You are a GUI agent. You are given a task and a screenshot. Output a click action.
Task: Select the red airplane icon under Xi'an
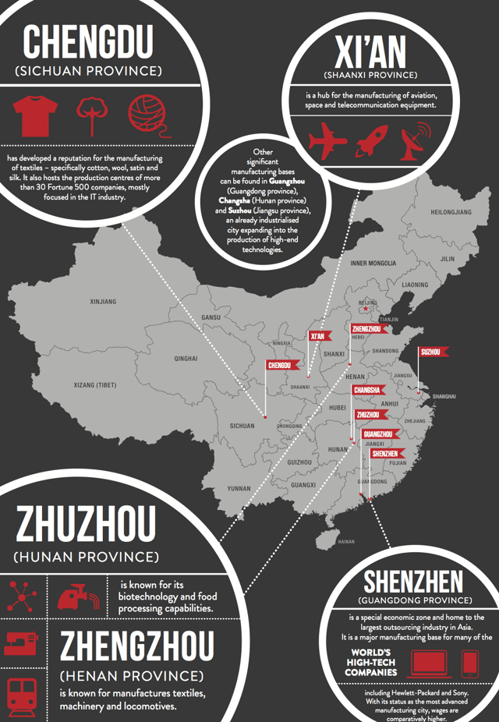327,141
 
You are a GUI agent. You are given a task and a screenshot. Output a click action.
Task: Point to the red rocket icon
371,140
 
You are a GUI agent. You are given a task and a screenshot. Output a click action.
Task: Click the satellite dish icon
416,139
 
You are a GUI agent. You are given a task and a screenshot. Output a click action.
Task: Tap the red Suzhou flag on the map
431,352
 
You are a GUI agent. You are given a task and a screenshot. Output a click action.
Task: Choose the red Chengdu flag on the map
279,365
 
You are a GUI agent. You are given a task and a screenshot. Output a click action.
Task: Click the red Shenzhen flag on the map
384,453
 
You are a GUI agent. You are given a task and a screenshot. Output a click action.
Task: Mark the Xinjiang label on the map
103,301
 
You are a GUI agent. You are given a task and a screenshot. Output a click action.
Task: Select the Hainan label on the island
346,541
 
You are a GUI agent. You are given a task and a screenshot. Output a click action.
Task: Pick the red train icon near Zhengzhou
20,692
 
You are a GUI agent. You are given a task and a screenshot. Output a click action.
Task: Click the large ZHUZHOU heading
87,525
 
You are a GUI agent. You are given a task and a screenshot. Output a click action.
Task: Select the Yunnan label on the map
239,488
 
